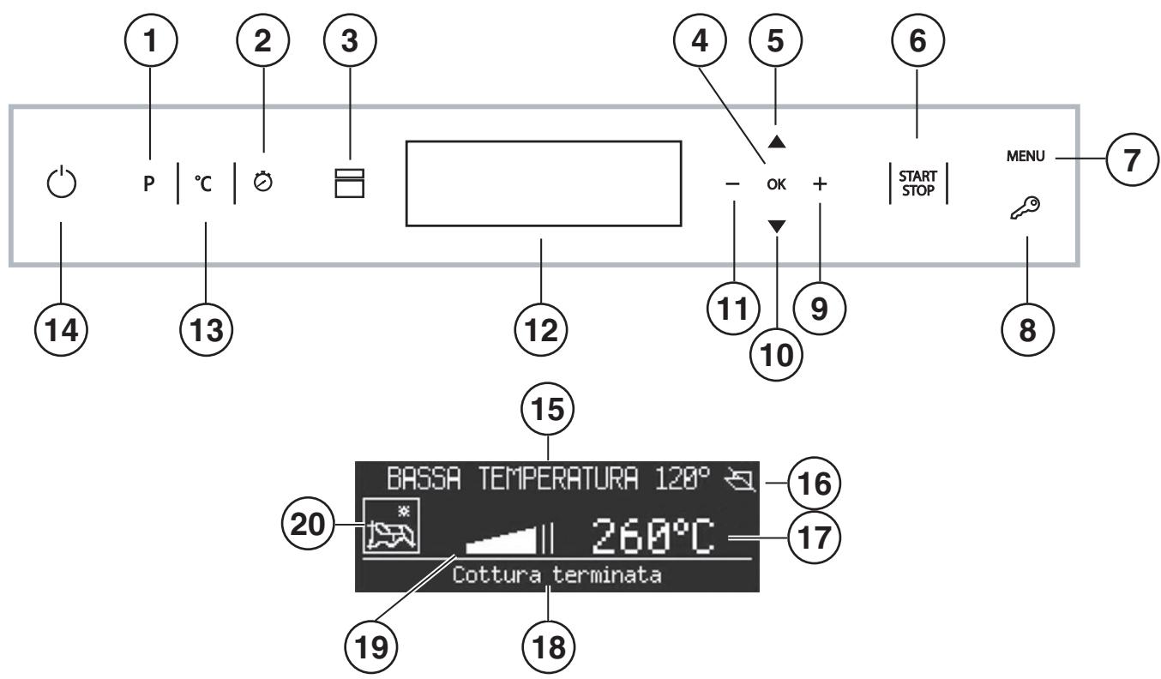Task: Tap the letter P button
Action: [x=149, y=183]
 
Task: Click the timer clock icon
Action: [x=263, y=182]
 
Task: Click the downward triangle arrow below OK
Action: [x=777, y=223]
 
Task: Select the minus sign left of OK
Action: [x=733, y=183]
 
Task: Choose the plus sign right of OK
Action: [x=821, y=183]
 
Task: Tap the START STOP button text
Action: [x=917, y=183]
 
